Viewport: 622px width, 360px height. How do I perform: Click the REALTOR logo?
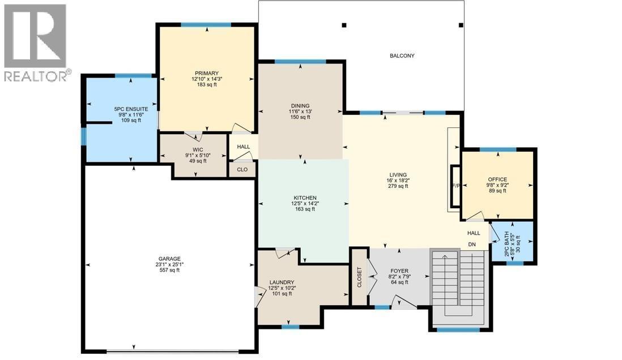pos(37,42)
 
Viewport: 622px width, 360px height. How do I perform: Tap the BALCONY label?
pos(402,55)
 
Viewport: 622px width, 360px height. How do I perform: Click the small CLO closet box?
pos(242,169)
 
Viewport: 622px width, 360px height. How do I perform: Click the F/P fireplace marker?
pos(455,185)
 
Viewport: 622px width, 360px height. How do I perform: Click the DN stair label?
pos(471,245)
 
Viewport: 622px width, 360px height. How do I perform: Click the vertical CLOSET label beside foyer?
pos(359,277)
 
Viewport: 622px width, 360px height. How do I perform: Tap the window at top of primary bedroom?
pos(206,25)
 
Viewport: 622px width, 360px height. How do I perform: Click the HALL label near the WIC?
pos(243,146)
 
